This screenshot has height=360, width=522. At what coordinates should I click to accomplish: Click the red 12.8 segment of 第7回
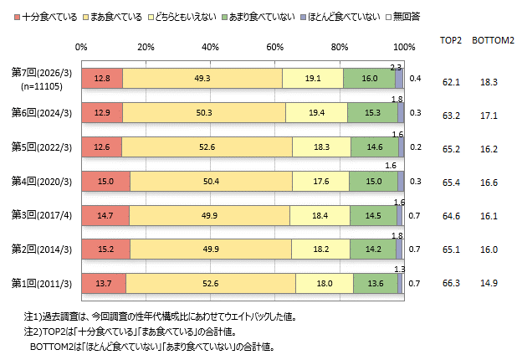click(102, 78)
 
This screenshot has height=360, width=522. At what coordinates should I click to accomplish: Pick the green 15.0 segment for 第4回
click(373, 181)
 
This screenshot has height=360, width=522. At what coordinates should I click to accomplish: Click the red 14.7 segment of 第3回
click(105, 215)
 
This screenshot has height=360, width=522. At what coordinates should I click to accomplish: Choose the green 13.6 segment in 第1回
click(376, 284)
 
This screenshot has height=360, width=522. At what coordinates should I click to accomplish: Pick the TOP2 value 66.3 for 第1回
click(452, 284)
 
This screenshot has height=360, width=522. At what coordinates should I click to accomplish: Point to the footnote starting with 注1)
click(159, 317)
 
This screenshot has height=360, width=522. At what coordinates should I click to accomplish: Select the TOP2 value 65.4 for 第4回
click(452, 181)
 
